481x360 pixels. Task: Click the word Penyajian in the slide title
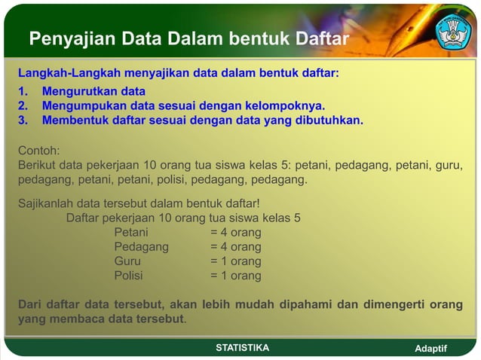coord(66,38)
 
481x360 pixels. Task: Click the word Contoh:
coord(38,149)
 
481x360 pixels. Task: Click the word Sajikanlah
coord(44,203)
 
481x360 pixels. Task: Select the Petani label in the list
coord(131,233)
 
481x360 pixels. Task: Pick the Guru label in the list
coord(127,261)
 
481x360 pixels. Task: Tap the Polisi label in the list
coord(128,276)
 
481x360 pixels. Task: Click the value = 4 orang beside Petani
coord(236,233)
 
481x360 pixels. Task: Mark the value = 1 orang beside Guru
coord(236,261)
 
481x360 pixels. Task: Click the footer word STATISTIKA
coord(242,347)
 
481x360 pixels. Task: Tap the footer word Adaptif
coord(431,349)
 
